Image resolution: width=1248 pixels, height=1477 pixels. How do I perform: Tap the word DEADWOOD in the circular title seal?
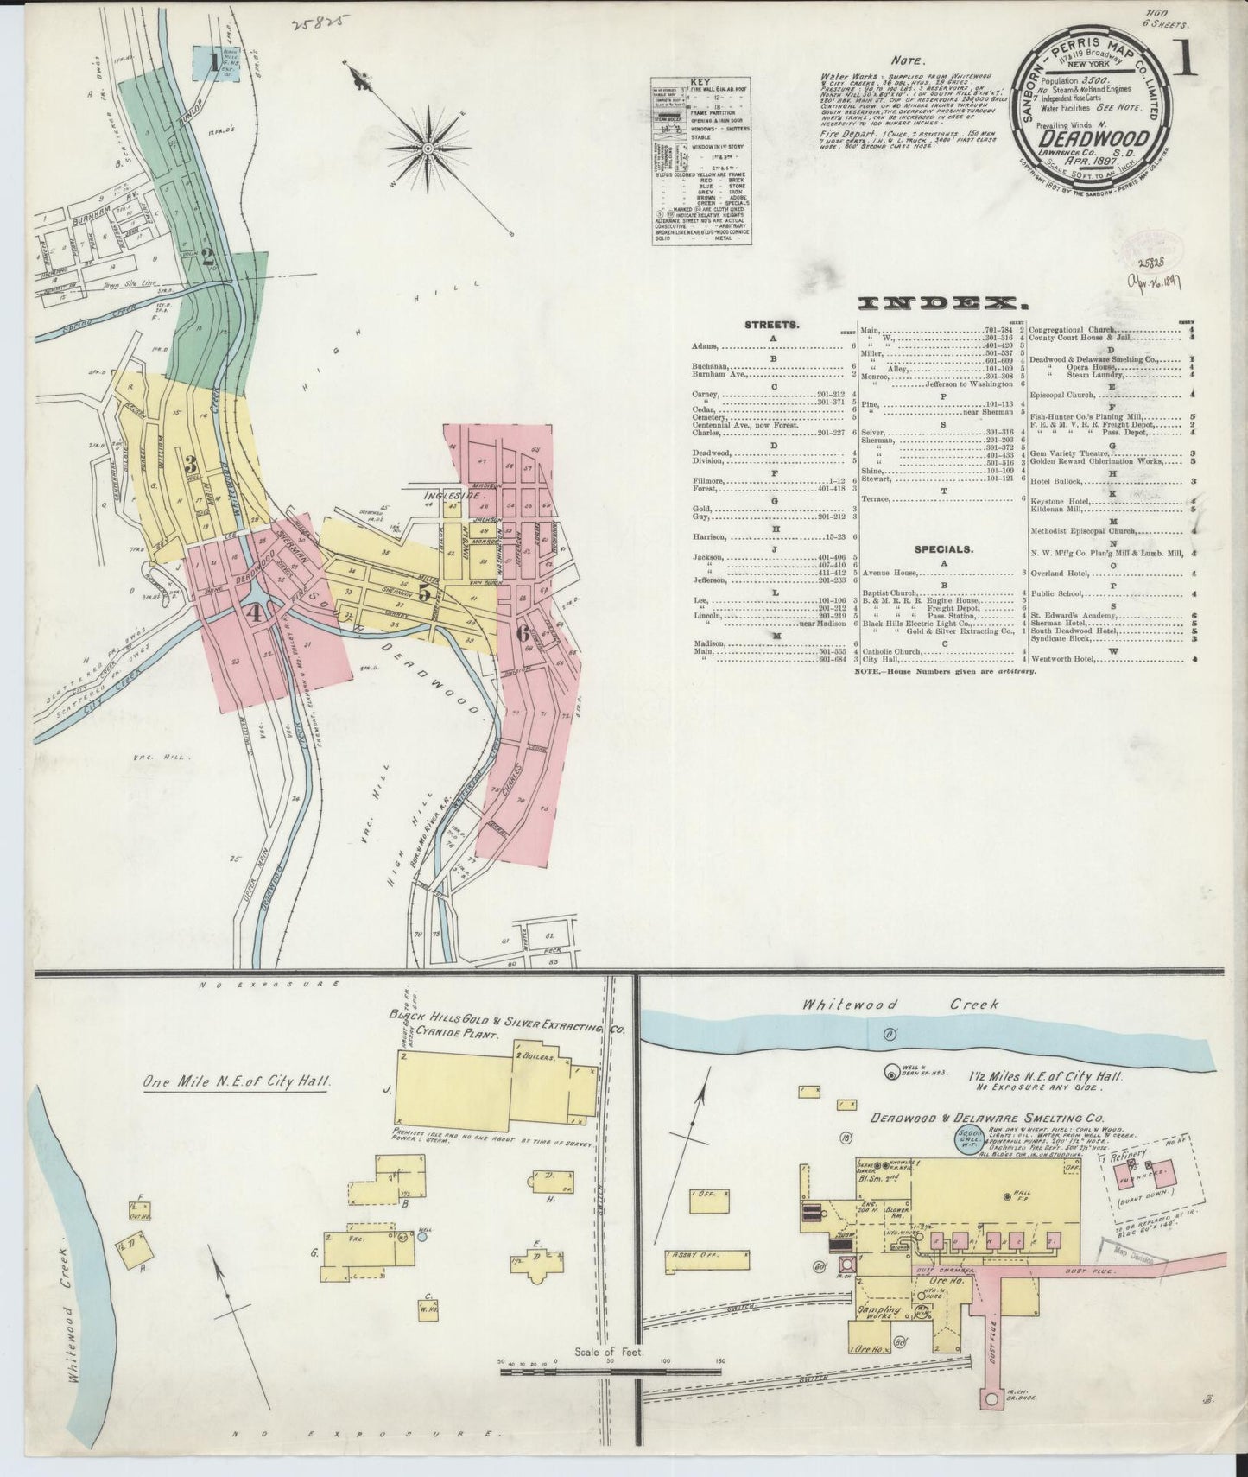[1093, 138]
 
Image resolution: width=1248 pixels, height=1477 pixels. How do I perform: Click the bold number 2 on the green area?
[207, 256]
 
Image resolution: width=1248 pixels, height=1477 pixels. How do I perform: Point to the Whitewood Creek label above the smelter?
[898, 1005]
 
